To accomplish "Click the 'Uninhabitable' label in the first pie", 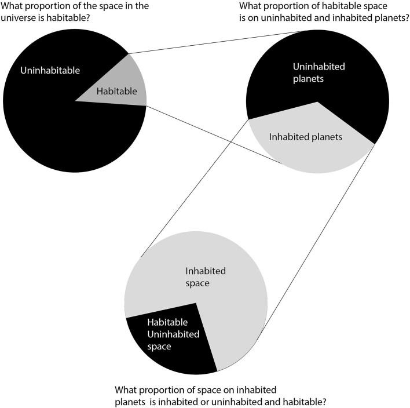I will [x=50, y=71].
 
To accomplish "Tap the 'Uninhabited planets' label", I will [x=319, y=72].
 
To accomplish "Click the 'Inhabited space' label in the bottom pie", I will [x=205, y=276].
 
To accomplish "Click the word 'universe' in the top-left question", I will [x=21, y=17].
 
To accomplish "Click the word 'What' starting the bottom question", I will [x=127, y=389].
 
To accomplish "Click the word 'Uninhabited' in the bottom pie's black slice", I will [x=173, y=334].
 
